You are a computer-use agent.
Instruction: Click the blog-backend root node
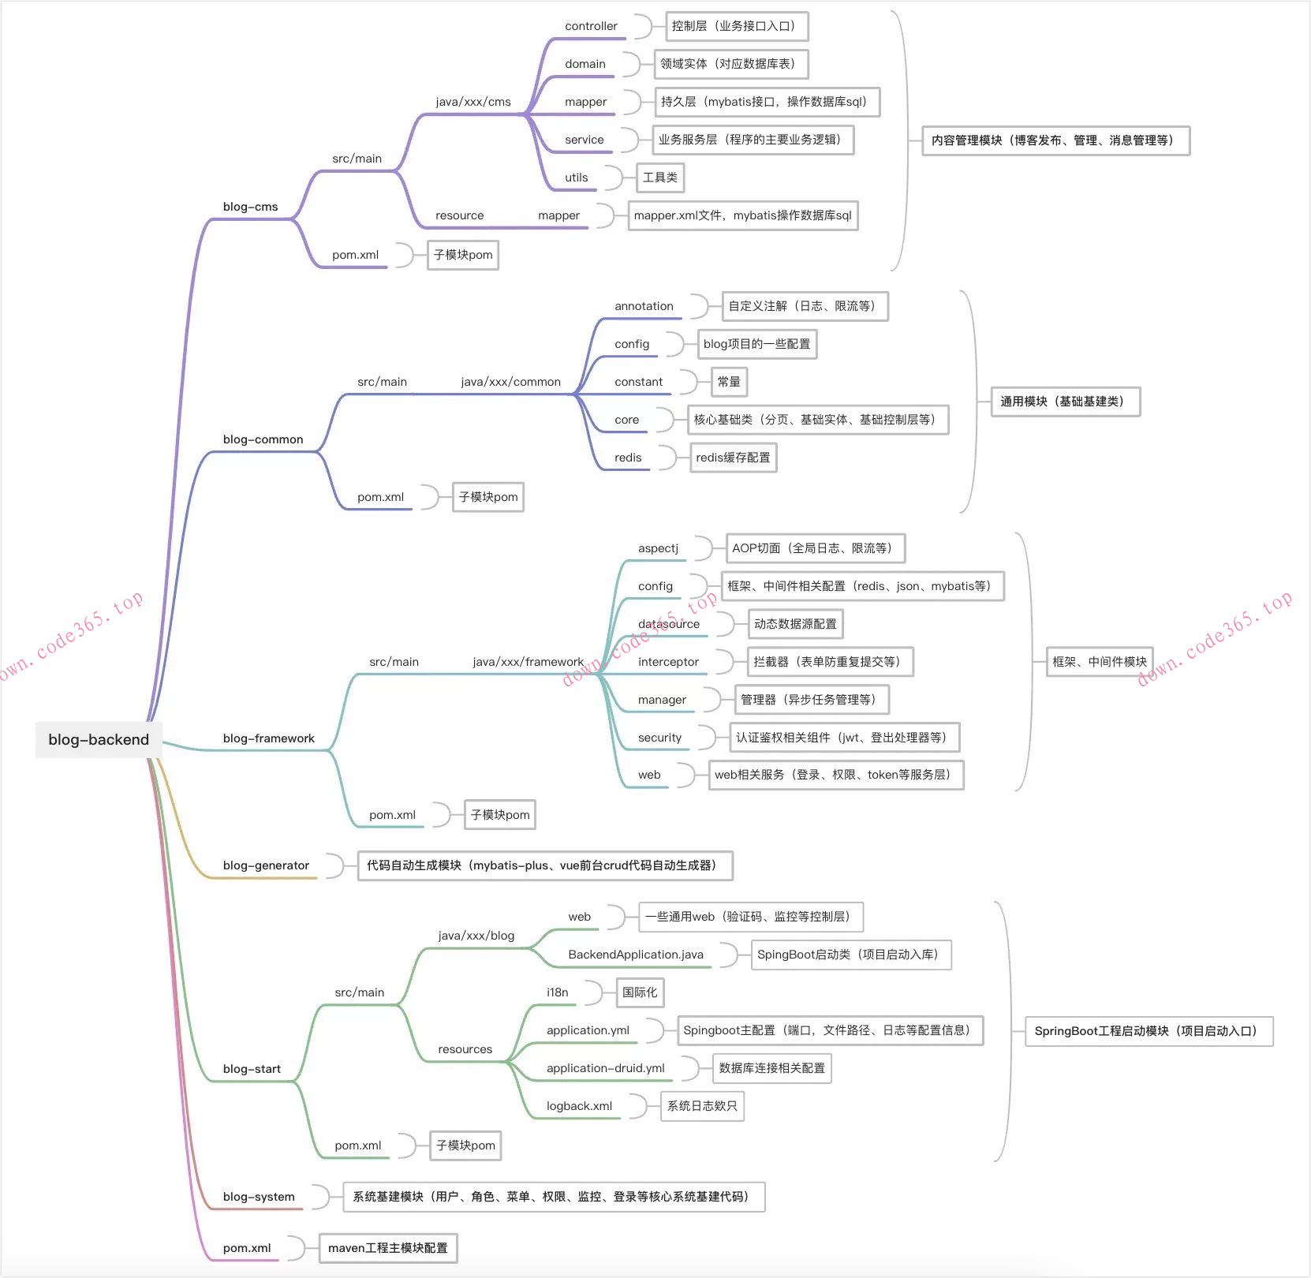point(99,739)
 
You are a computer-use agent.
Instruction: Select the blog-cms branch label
point(250,207)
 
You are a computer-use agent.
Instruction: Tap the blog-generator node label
point(266,865)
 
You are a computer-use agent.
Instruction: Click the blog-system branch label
point(259,1197)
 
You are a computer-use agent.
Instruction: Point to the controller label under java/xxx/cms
point(591,26)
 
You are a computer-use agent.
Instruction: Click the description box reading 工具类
point(659,177)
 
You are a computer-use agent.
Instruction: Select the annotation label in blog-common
point(644,306)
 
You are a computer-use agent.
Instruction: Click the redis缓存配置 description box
point(733,458)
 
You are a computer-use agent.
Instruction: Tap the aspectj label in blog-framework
point(658,548)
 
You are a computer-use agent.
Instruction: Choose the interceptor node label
point(668,662)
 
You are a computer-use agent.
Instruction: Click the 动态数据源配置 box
point(795,624)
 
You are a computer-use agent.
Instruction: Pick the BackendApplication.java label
point(635,955)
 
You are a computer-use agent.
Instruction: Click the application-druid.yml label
point(605,1068)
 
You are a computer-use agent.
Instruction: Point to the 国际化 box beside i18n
point(639,992)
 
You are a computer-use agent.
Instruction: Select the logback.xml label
point(579,1106)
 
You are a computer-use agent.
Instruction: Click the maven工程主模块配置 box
point(387,1248)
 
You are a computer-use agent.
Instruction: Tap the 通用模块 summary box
point(1065,402)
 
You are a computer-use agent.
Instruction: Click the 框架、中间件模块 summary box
point(1099,662)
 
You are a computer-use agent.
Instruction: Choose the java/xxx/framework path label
point(528,662)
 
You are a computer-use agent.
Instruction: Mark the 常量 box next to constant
point(729,382)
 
